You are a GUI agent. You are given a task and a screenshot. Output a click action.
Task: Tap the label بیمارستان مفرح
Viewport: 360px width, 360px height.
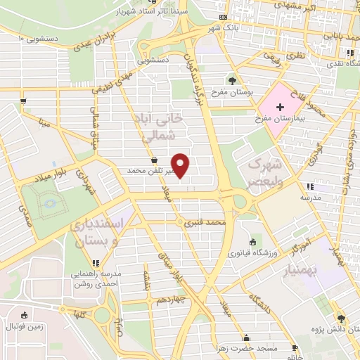[x=281, y=120]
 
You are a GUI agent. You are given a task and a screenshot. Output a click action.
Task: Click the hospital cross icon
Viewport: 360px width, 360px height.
[x=281, y=107]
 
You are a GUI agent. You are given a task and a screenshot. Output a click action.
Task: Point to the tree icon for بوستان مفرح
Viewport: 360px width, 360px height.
[x=233, y=79]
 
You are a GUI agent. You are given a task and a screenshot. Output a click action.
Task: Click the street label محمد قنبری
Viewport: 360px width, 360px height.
[x=204, y=224]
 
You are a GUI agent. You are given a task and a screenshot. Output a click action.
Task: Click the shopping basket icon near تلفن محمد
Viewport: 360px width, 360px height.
[x=153, y=160]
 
